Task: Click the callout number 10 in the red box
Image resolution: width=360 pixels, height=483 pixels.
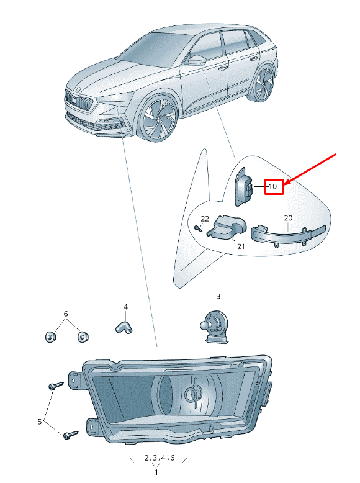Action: tap(273, 186)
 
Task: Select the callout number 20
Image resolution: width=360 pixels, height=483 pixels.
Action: tap(288, 218)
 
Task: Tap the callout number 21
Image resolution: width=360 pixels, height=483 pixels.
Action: tap(241, 246)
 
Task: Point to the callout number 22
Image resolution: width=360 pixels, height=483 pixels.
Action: tap(205, 219)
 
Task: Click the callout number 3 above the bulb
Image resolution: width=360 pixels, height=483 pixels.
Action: tap(218, 296)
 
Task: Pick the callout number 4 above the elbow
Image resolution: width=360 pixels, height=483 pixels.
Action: tap(125, 307)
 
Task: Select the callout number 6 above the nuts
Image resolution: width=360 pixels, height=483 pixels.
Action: tap(66, 314)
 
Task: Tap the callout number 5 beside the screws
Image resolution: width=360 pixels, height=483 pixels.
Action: tap(40, 422)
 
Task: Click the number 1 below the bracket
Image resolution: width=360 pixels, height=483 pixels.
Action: tap(156, 472)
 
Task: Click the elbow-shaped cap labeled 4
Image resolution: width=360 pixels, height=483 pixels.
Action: tap(124, 327)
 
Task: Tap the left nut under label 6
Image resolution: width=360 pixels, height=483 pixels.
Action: tap(50, 336)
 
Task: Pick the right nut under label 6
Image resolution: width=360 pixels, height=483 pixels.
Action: tap(83, 336)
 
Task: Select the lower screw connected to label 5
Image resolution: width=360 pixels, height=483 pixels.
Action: tap(71, 435)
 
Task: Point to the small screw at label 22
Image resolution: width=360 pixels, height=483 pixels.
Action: tap(198, 228)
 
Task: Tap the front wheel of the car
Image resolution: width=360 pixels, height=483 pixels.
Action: tap(158, 119)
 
